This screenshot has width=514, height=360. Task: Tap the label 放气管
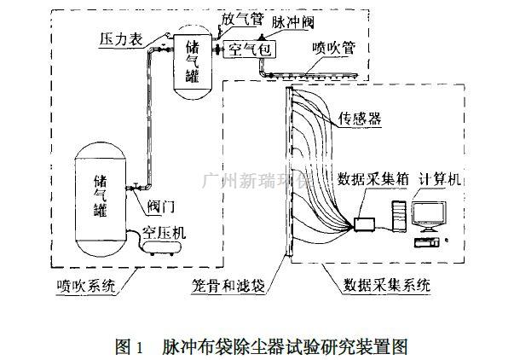[240, 16]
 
